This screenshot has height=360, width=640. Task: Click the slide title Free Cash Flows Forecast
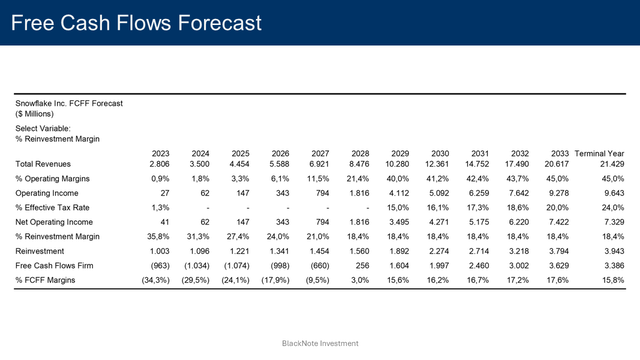click(x=137, y=22)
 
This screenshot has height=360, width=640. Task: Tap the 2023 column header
click(x=159, y=153)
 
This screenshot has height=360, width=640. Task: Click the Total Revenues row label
click(x=44, y=163)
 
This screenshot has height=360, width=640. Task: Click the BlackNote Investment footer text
click(x=319, y=343)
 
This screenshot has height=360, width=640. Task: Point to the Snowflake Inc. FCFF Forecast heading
click(x=68, y=103)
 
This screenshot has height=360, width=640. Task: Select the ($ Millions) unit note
click(x=34, y=114)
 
